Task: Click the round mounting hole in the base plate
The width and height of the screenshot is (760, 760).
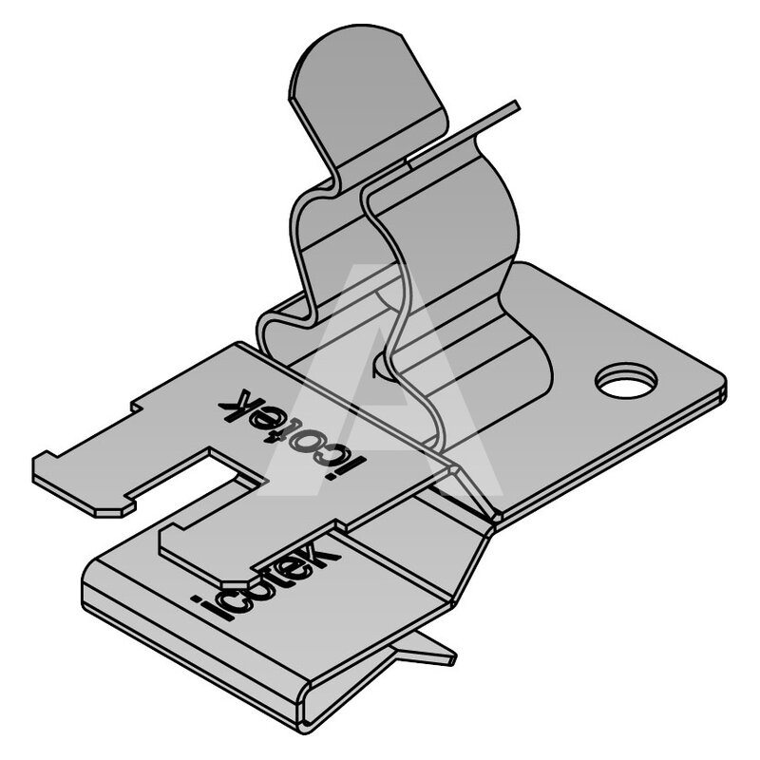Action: pyautogui.click(x=626, y=381)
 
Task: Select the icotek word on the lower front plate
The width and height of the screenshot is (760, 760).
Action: pyautogui.click(x=267, y=579)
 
